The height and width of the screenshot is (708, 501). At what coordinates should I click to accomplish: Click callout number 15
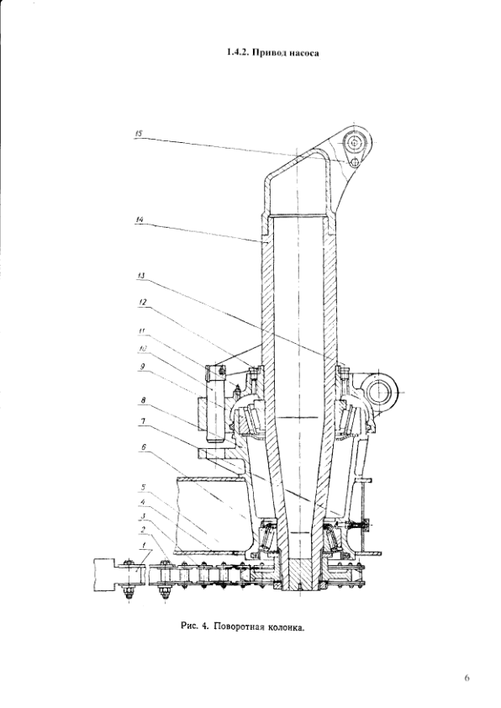pos(139,134)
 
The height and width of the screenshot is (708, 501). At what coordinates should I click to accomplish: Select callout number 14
pos(139,219)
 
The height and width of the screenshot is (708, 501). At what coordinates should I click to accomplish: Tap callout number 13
pos(142,275)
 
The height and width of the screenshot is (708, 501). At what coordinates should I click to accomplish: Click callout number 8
pos(142,399)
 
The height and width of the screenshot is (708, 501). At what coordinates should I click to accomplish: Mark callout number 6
pos(143,446)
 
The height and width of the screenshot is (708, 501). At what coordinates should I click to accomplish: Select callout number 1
pos(143,546)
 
